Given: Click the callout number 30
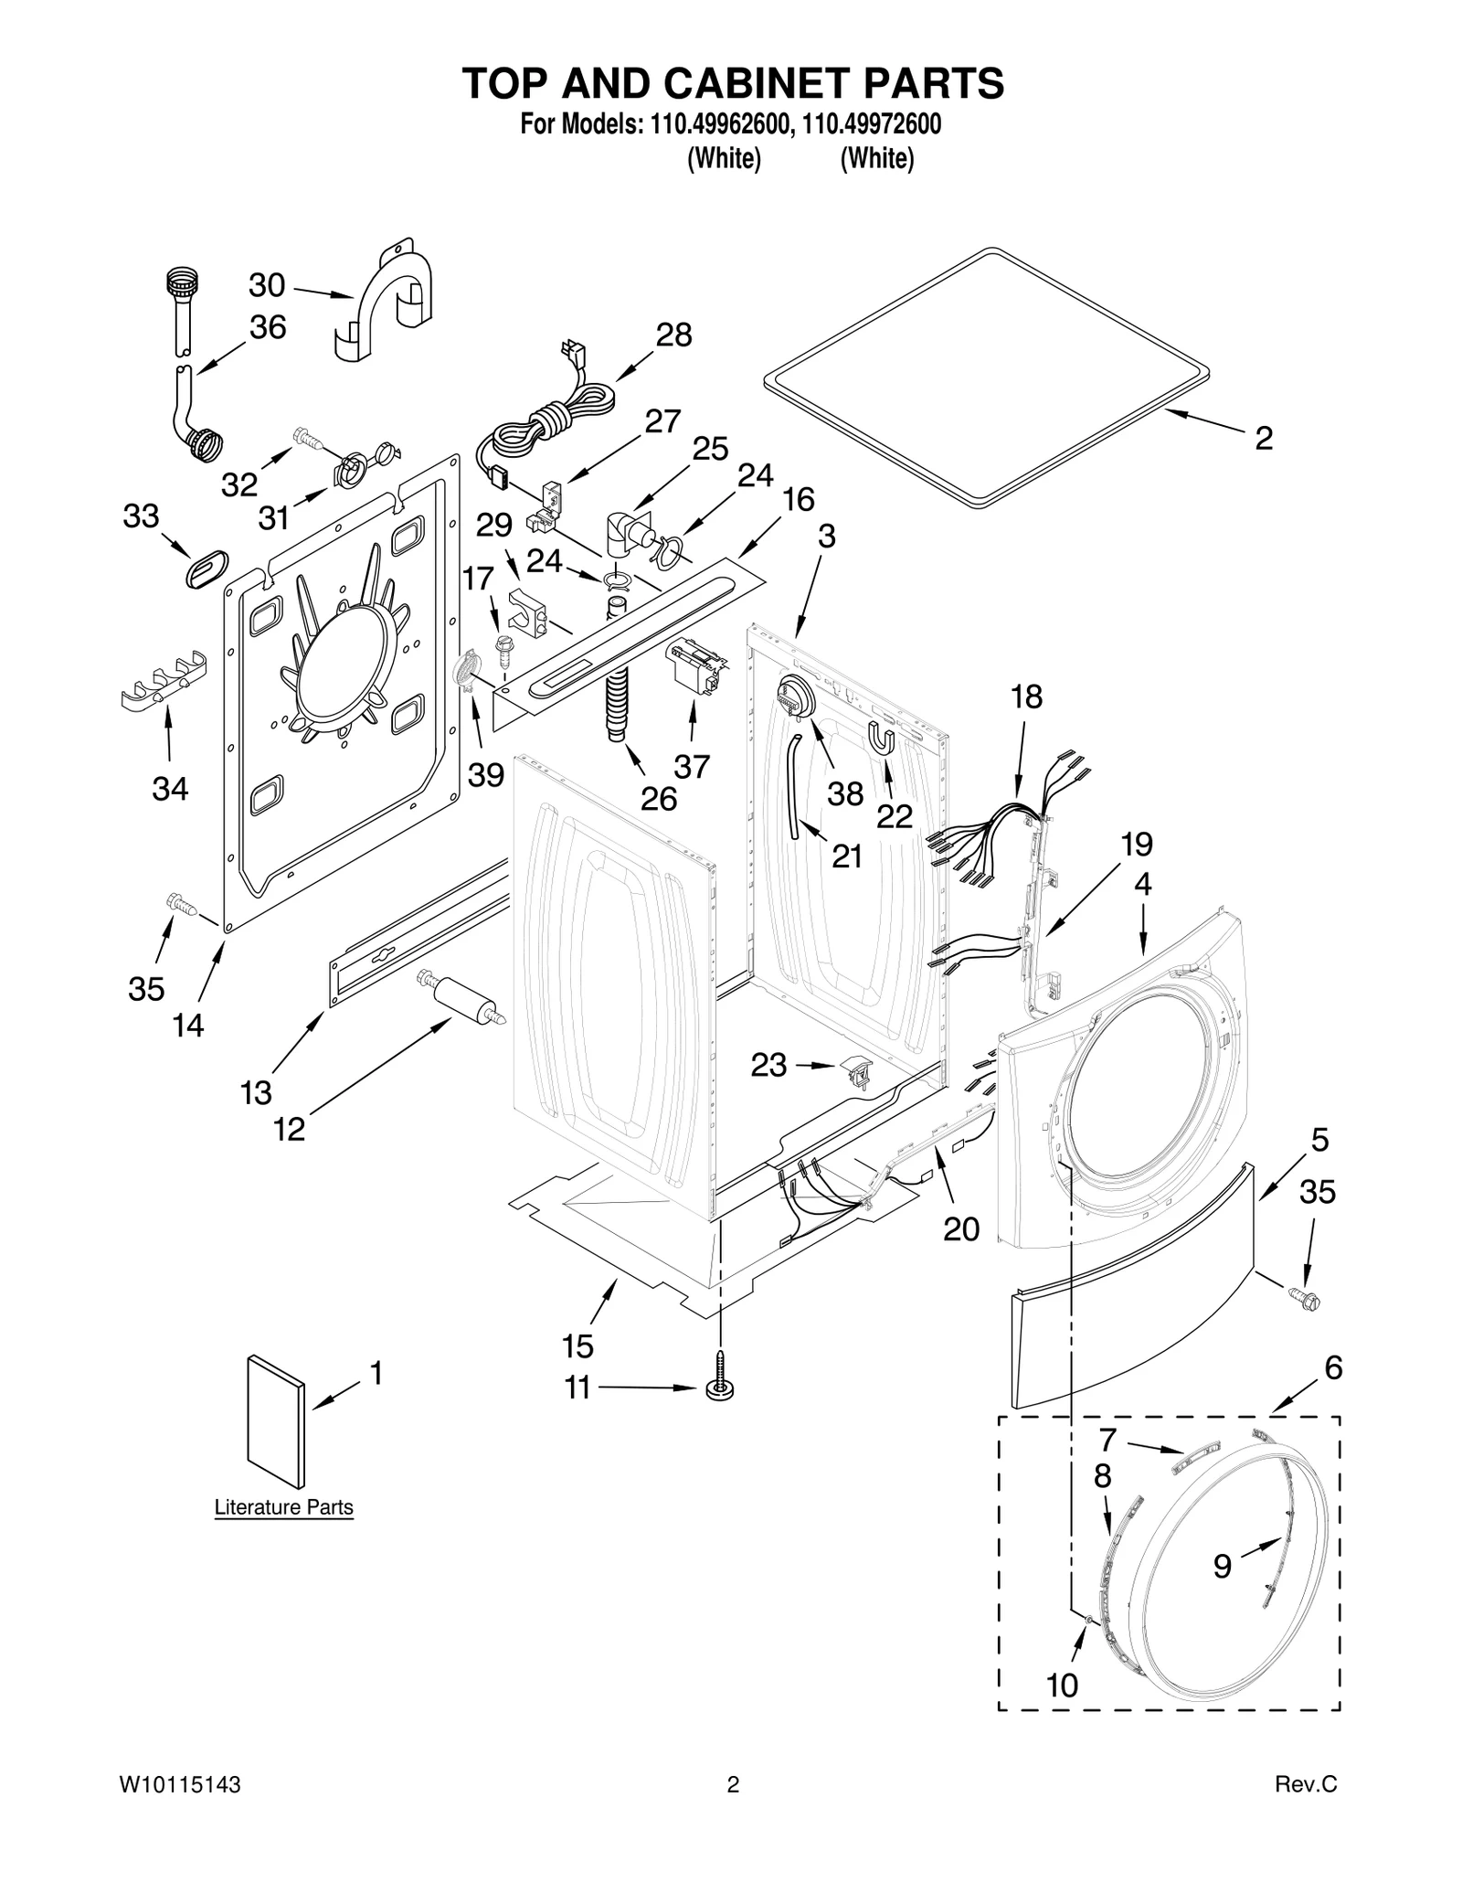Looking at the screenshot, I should tap(267, 286).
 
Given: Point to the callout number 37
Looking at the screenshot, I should tap(692, 766).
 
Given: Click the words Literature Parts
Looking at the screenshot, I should tap(283, 1507).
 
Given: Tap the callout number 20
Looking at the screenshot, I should tap(961, 1229).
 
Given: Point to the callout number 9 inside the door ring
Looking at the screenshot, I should tap(1223, 1566).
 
